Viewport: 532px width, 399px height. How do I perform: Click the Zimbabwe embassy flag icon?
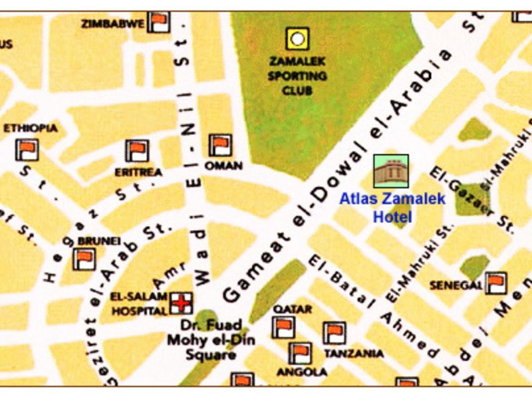tap(159, 23)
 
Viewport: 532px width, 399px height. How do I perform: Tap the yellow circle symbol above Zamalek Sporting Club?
tap(297, 39)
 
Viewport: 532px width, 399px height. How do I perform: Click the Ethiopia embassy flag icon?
tap(27, 149)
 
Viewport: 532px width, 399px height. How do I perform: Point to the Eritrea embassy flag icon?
tap(137, 151)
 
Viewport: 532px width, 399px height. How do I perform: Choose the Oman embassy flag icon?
tap(220, 145)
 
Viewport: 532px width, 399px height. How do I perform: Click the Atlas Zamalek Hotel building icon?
tap(390, 171)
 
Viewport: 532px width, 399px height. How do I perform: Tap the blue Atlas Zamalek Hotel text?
tap(392, 207)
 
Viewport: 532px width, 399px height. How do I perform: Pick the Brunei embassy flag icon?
tap(84, 258)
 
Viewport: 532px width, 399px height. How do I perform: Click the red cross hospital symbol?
tap(180, 303)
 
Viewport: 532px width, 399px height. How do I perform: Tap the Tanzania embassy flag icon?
tap(334, 333)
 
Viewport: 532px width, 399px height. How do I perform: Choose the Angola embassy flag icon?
tap(300, 353)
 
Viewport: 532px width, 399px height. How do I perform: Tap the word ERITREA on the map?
tap(138, 172)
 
